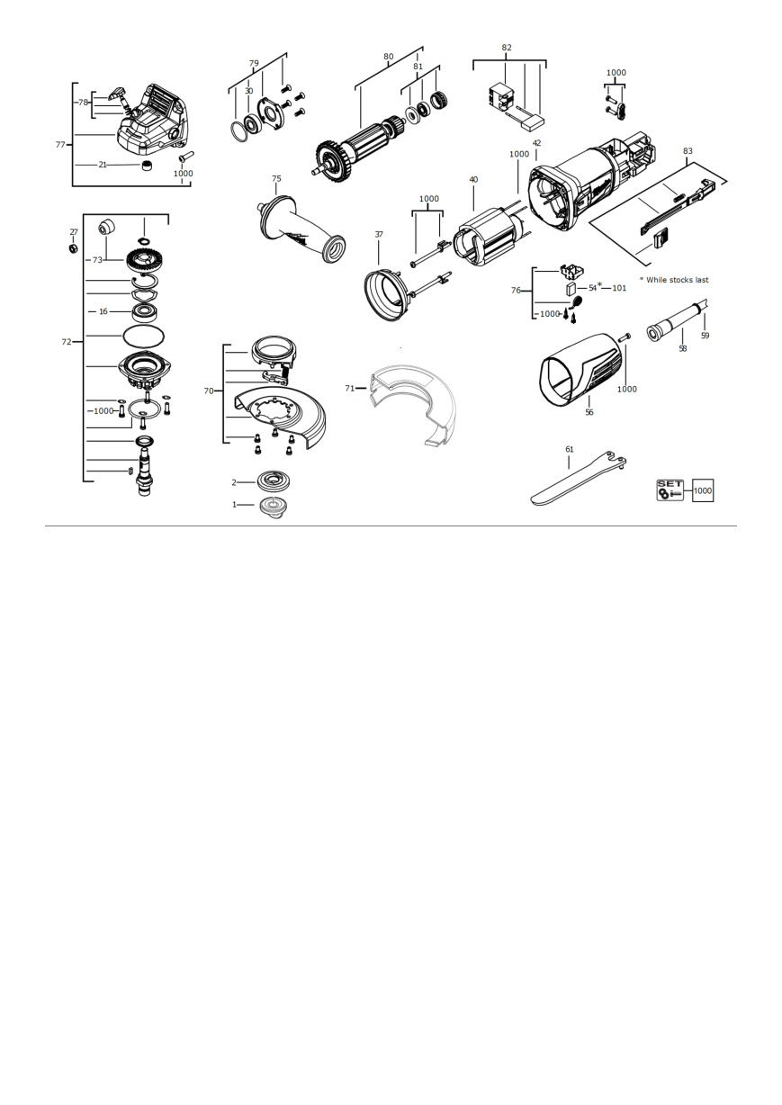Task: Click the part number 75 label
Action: tap(276, 178)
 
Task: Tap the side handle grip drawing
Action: tap(301, 229)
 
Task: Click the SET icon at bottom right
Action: tap(670, 490)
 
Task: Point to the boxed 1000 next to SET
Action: tap(703, 490)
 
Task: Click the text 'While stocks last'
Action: tap(678, 280)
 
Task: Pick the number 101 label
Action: tap(619, 288)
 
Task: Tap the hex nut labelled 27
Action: tap(73, 248)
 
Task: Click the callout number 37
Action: tap(379, 234)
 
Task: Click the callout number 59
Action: tap(705, 336)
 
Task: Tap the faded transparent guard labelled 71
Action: tap(412, 405)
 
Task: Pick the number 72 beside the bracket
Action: tap(66, 342)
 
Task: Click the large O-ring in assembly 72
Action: tap(144, 337)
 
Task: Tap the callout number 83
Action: tap(688, 151)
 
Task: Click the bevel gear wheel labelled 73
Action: tap(148, 260)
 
